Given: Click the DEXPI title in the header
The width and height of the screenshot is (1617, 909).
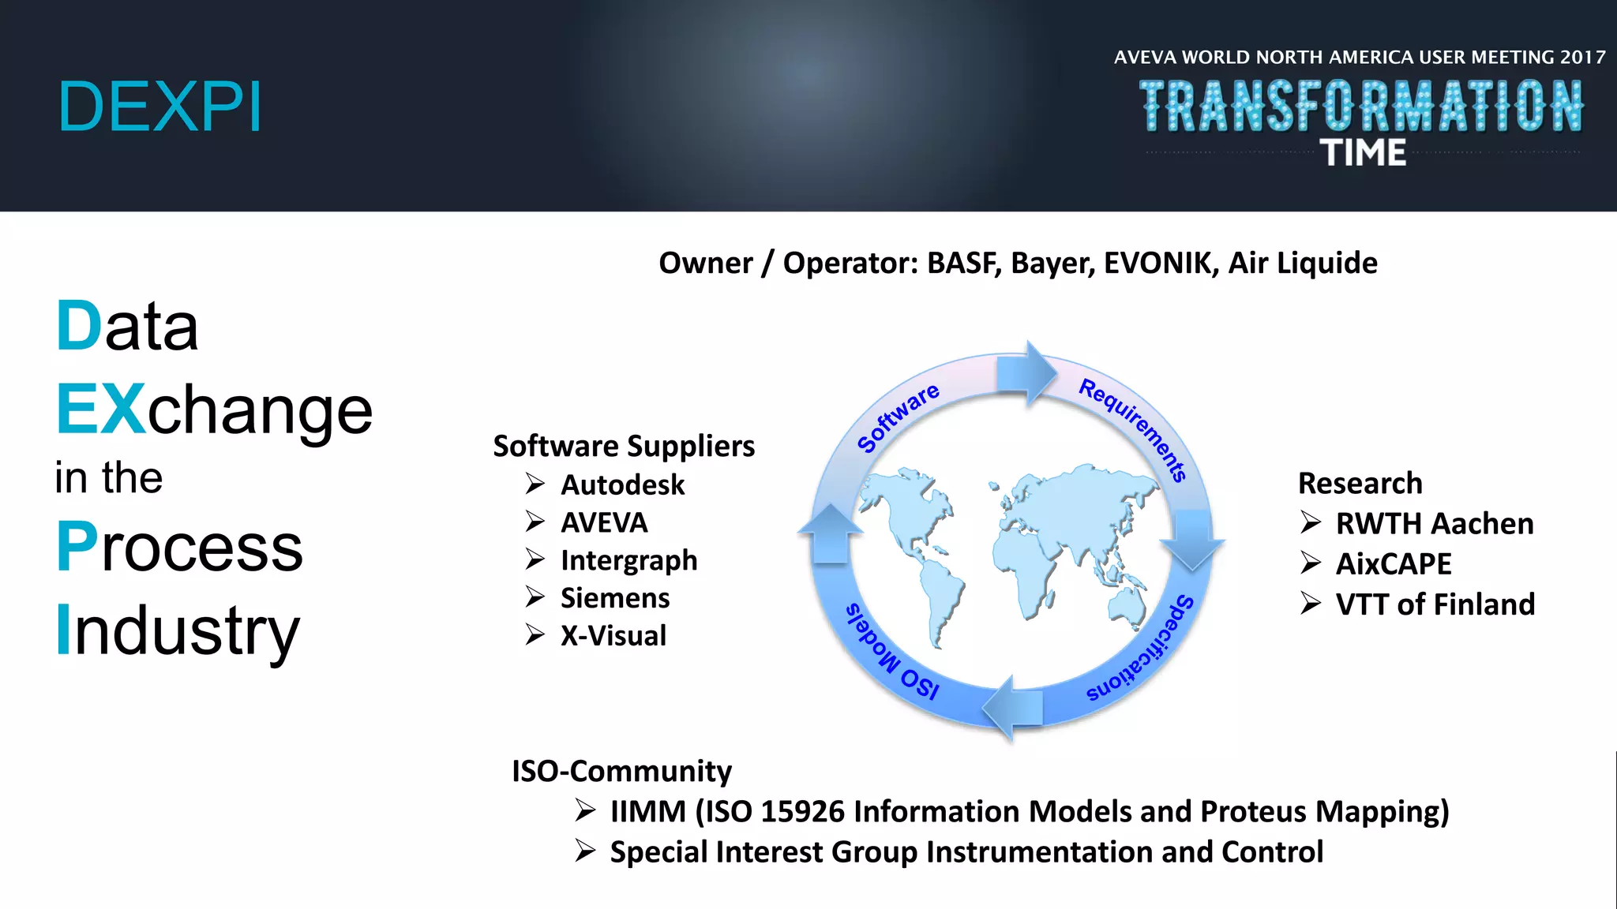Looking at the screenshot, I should [159, 107].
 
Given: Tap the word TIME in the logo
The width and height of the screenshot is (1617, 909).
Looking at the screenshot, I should [1364, 153].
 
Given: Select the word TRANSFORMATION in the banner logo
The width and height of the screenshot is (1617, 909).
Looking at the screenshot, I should [1361, 106].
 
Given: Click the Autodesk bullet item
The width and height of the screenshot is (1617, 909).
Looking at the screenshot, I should [622, 484].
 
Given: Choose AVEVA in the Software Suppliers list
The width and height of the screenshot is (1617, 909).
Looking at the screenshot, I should [604, 522].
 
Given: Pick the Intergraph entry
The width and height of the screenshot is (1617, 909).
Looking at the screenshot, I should [628, 560].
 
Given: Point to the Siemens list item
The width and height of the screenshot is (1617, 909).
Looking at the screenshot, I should [614, 598].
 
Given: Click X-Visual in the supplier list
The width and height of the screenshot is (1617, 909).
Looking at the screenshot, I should [613, 636].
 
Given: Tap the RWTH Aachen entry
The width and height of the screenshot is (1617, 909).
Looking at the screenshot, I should [1434, 524].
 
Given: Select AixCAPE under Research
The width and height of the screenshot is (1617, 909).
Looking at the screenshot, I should [1394, 564].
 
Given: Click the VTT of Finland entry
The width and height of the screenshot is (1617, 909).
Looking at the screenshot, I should [1435, 604].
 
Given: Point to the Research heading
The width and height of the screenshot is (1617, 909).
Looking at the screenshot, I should [1360, 483].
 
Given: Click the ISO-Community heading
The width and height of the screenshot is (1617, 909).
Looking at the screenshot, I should [621, 771].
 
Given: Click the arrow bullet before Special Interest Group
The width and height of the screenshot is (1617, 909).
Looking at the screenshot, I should [585, 851].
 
